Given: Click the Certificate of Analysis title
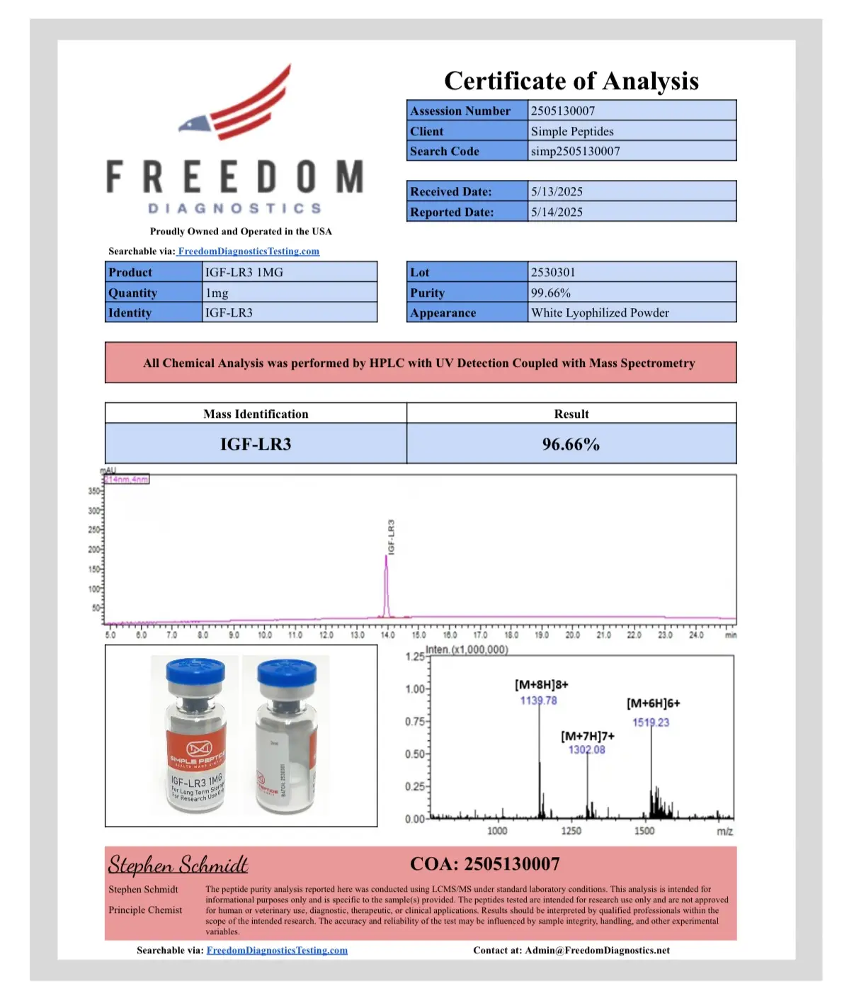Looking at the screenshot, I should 571,81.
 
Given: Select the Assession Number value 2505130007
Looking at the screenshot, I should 563,111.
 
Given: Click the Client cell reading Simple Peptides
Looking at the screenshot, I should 572,132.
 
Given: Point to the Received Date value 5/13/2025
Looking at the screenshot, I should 557,192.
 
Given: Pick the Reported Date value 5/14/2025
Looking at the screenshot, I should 557,212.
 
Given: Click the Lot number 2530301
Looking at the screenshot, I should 553,273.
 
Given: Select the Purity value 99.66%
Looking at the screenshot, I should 551,293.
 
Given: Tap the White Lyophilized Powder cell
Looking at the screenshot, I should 600,313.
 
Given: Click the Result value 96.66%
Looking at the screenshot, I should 571,445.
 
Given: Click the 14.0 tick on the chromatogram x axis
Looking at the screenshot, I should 388,635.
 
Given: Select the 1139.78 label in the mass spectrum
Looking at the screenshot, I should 538,701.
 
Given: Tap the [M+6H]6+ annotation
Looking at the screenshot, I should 653,703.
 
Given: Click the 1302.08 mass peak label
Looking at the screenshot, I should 586,750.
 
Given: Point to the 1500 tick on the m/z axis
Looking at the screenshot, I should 644,831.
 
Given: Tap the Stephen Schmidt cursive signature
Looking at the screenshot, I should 178,865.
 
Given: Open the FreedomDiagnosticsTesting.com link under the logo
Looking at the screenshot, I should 249,251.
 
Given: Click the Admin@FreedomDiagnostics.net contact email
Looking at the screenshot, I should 597,951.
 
